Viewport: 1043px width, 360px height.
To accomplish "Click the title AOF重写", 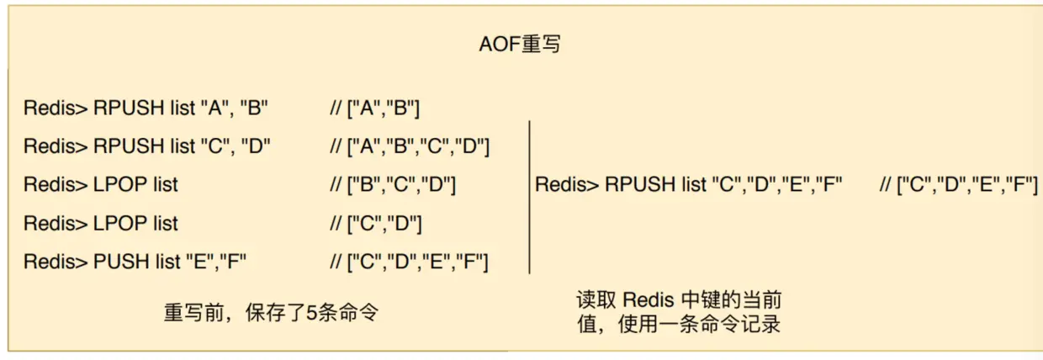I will (x=520, y=45).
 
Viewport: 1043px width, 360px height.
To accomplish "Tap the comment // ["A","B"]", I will (x=375, y=108).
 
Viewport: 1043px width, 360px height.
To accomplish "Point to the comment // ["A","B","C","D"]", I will (x=410, y=146).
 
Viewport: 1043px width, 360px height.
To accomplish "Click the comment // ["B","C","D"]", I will (x=393, y=184).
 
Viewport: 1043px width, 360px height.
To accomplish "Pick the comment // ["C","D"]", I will (x=375, y=223).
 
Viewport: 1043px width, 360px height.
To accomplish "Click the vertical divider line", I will (x=529, y=197).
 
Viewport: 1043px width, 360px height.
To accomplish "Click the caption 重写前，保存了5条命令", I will (x=271, y=313).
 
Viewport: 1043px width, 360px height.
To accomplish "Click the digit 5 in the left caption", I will (x=310, y=313).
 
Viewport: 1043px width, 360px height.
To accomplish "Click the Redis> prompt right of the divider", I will (x=567, y=184).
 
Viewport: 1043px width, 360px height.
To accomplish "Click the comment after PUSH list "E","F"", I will (x=410, y=262).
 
